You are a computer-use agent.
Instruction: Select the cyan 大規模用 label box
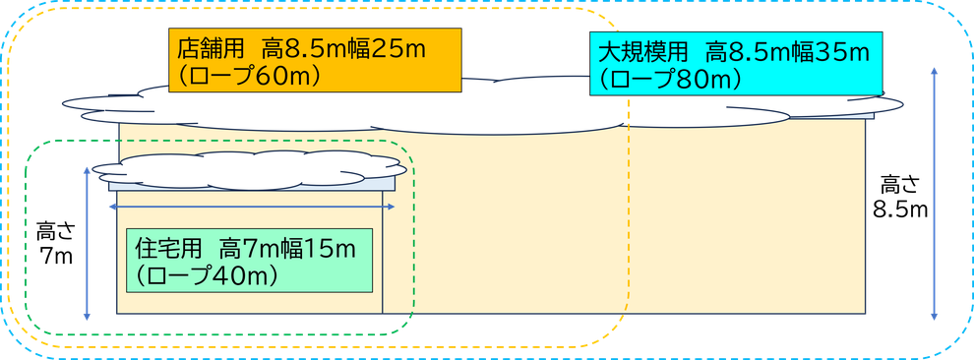(x=736, y=63)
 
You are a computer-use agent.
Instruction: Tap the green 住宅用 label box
(x=250, y=261)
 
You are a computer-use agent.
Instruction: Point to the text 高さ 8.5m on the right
(x=898, y=196)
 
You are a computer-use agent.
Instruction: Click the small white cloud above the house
(x=246, y=168)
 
